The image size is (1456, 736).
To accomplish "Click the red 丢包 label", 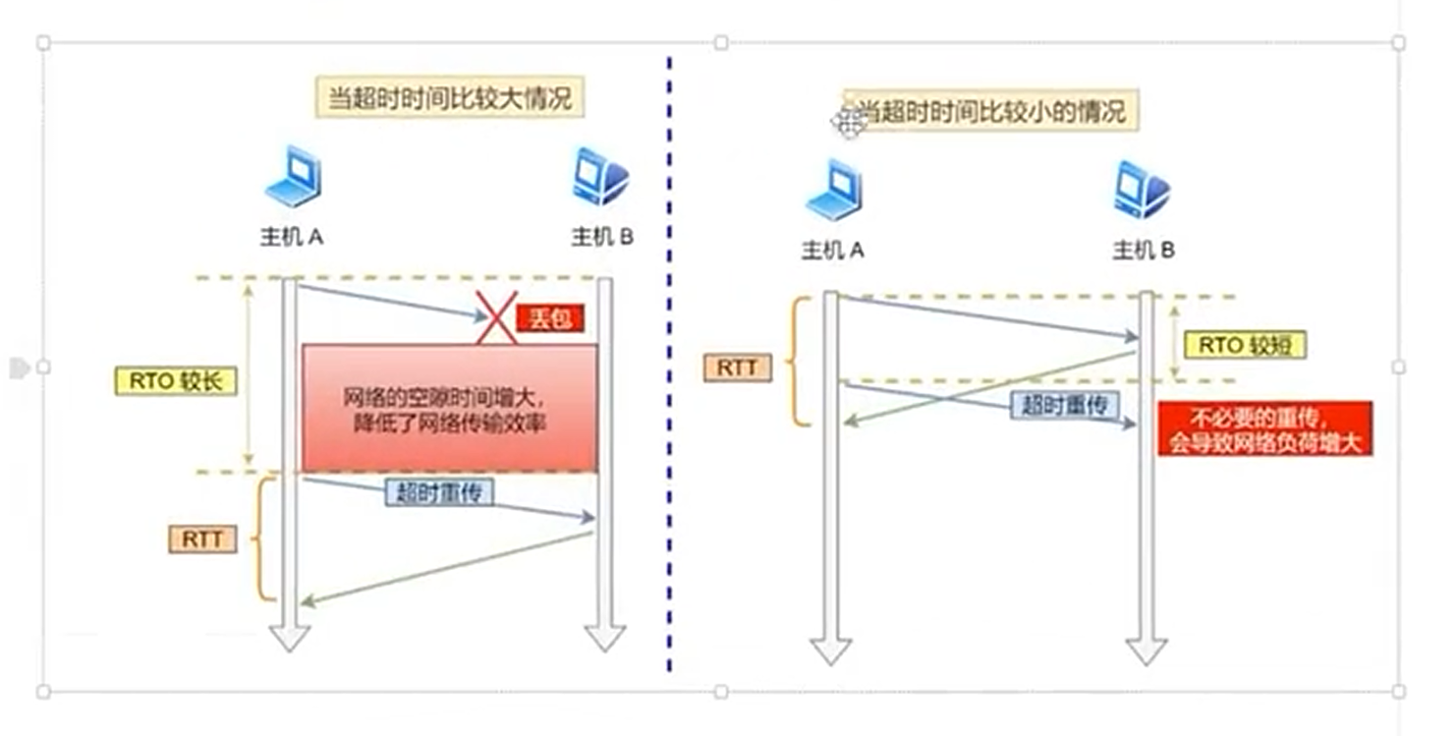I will tap(550, 318).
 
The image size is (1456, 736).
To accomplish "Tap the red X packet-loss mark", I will tap(496, 316).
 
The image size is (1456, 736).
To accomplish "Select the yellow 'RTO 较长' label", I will tap(176, 381).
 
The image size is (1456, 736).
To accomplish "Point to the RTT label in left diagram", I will tap(202, 538).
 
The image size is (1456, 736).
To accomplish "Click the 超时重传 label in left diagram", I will tap(438, 492).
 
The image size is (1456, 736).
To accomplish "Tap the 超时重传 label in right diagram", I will tap(1064, 405).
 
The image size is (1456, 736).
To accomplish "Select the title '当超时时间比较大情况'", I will tap(449, 99).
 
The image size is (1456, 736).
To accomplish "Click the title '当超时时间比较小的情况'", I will tap(990, 111).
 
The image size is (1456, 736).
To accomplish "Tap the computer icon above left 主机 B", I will tap(600, 177).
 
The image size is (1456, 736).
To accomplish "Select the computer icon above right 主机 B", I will tap(1142, 190).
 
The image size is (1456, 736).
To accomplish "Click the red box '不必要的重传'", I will tap(1263, 428).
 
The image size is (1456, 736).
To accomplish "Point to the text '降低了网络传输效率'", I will tap(449, 425).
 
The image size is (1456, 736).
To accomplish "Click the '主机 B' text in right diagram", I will tap(1143, 251).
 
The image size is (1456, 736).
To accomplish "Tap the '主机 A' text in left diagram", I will tap(291, 237).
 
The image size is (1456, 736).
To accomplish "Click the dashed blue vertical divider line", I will tap(669, 364).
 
